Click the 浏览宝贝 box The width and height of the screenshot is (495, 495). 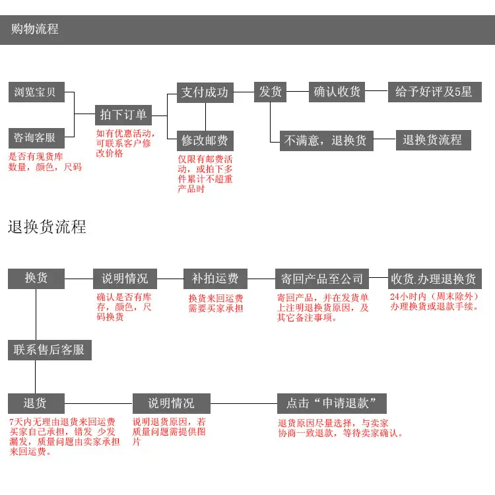36,92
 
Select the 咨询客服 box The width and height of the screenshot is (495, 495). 36,138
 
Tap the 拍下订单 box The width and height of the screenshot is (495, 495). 123,115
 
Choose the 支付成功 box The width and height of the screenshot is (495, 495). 205,92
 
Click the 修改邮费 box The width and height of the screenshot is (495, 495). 205,141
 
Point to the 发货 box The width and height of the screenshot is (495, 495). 270,92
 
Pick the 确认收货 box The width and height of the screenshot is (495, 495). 337,92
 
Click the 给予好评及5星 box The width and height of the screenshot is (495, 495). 435,92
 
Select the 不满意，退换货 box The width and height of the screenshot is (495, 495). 327,141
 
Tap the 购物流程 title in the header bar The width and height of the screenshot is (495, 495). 35,29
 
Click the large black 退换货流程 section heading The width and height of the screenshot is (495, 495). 47,227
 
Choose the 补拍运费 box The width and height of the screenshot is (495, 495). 215,279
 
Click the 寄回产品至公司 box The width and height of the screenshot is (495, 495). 322,279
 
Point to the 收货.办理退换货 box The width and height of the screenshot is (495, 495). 435,279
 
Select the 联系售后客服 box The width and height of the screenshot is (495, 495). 49,350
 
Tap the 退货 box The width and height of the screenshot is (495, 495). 36,403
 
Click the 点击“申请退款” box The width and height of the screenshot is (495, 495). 332,403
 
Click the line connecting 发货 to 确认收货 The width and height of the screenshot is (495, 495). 298,92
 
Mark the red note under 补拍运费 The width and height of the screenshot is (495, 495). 216,303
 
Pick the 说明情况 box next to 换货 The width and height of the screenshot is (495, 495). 125,279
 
